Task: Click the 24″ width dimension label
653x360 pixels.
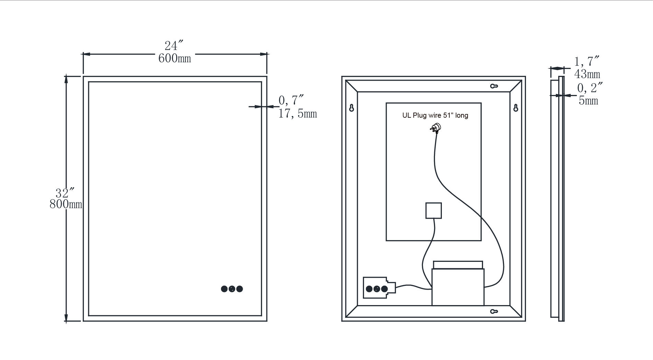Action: pos(174,46)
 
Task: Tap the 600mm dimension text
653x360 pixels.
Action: pos(174,58)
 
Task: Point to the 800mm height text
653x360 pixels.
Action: pos(66,204)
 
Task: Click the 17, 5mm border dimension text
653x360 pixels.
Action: pos(297,114)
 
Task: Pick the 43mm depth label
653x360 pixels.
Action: pos(587,74)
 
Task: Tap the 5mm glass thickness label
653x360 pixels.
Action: pos(588,101)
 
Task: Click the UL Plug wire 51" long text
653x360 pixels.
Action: pos(435,115)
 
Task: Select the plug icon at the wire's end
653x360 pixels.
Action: pos(436,128)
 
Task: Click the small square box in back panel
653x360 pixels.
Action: pos(433,211)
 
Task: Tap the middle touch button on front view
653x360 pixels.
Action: pos(232,289)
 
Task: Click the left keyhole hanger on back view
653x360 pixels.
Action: pos(351,108)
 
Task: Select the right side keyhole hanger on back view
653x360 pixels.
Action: pos(515,108)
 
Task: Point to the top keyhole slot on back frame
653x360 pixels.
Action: pos(494,86)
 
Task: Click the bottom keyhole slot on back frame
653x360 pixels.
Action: pos(494,312)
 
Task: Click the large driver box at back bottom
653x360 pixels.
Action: pos(458,287)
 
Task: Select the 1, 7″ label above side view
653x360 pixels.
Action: pos(587,62)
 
